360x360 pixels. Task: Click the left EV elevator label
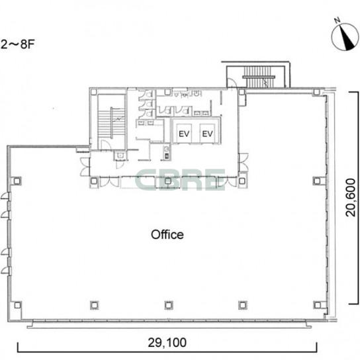click(184, 134)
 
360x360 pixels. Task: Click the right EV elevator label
click(207, 134)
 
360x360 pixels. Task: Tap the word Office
click(167, 235)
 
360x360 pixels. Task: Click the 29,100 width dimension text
click(167, 343)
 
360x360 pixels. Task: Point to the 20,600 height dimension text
click(351, 198)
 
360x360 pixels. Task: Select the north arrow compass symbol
click(345, 37)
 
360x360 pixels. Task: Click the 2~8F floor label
click(17, 44)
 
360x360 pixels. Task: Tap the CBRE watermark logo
click(180, 180)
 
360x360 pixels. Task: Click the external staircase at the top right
click(259, 77)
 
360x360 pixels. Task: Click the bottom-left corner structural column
click(17, 305)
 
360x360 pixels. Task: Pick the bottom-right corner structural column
click(317, 305)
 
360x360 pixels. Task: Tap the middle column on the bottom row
click(169, 305)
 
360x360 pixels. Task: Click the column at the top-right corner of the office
click(316, 92)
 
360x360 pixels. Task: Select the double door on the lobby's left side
click(85, 167)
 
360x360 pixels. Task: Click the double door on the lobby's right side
click(244, 162)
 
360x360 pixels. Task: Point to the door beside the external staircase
click(232, 83)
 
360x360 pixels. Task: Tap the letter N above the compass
click(337, 21)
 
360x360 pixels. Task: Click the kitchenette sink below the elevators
click(167, 152)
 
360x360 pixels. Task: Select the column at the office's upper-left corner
click(17, 181)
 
